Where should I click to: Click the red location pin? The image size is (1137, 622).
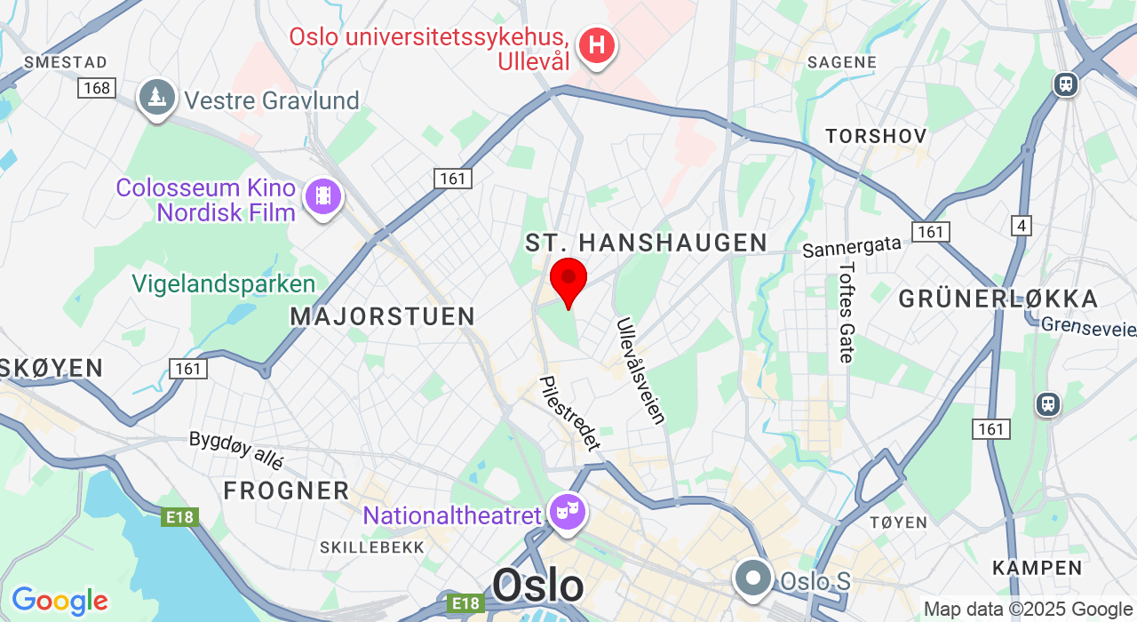pyautogui.click(x=568, y=280)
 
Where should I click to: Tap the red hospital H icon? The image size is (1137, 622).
pyautogui.click(x=597, y=44)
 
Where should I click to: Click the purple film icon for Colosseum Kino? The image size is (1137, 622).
pyautogui.click(x=322, y=195)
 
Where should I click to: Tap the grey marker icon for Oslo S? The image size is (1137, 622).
pyautogui.click(x=754, y=578)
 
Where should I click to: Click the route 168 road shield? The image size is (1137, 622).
pyautogui.click(x=96, y=87)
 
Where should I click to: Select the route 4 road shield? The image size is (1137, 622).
pyautogui.click(x=1022, y=225)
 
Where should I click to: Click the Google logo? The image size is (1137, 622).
pyautogui.click(x=59, y=601)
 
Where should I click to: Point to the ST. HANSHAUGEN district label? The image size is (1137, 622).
pyautogui.click(x=646, y=243)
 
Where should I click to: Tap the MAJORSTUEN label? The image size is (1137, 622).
pyautogui.click(x=383, y=315)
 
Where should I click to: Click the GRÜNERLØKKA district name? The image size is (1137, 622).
pyautogui.click(x=998, y=299)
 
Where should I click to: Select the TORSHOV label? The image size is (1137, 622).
pyautogui.click(x=876, y=136)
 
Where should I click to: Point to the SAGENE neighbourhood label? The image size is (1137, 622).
pyautogui.click(x=841, y=62)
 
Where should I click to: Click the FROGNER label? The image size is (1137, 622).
pyautogui.click(x=286, y=490)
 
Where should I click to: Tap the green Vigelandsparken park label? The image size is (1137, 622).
pyautogui.click(x=224, y=283)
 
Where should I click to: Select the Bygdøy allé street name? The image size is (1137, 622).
pyautogui.click(x=236, y=450)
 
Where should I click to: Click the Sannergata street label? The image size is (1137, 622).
pyautogui.click(x=852, y=246)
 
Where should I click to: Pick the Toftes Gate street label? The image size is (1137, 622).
pyautogui.click(x=847, y=312)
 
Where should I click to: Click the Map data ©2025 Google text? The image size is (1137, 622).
pyautogui.click(x=1028, y=610)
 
